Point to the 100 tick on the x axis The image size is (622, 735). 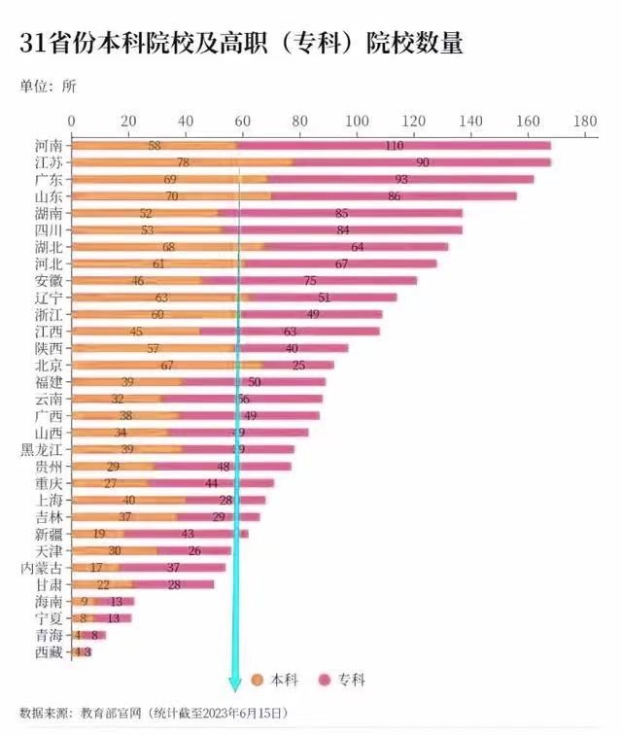pos(357,121)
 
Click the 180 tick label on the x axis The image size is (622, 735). pos(584,121)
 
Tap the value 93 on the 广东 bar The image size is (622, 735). pos(400,180)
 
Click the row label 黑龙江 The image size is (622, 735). pos(42,449)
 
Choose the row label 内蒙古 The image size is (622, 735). pos(42,568)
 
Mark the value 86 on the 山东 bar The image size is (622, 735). pos(395,196)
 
